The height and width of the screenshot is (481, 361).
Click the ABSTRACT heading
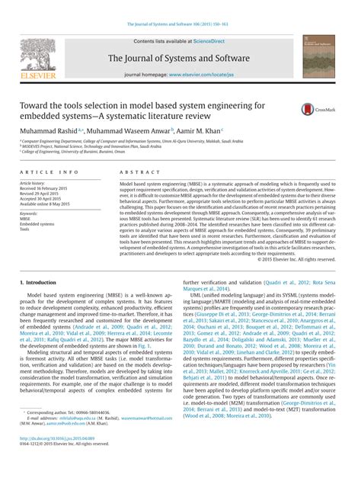pos(136,174)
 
